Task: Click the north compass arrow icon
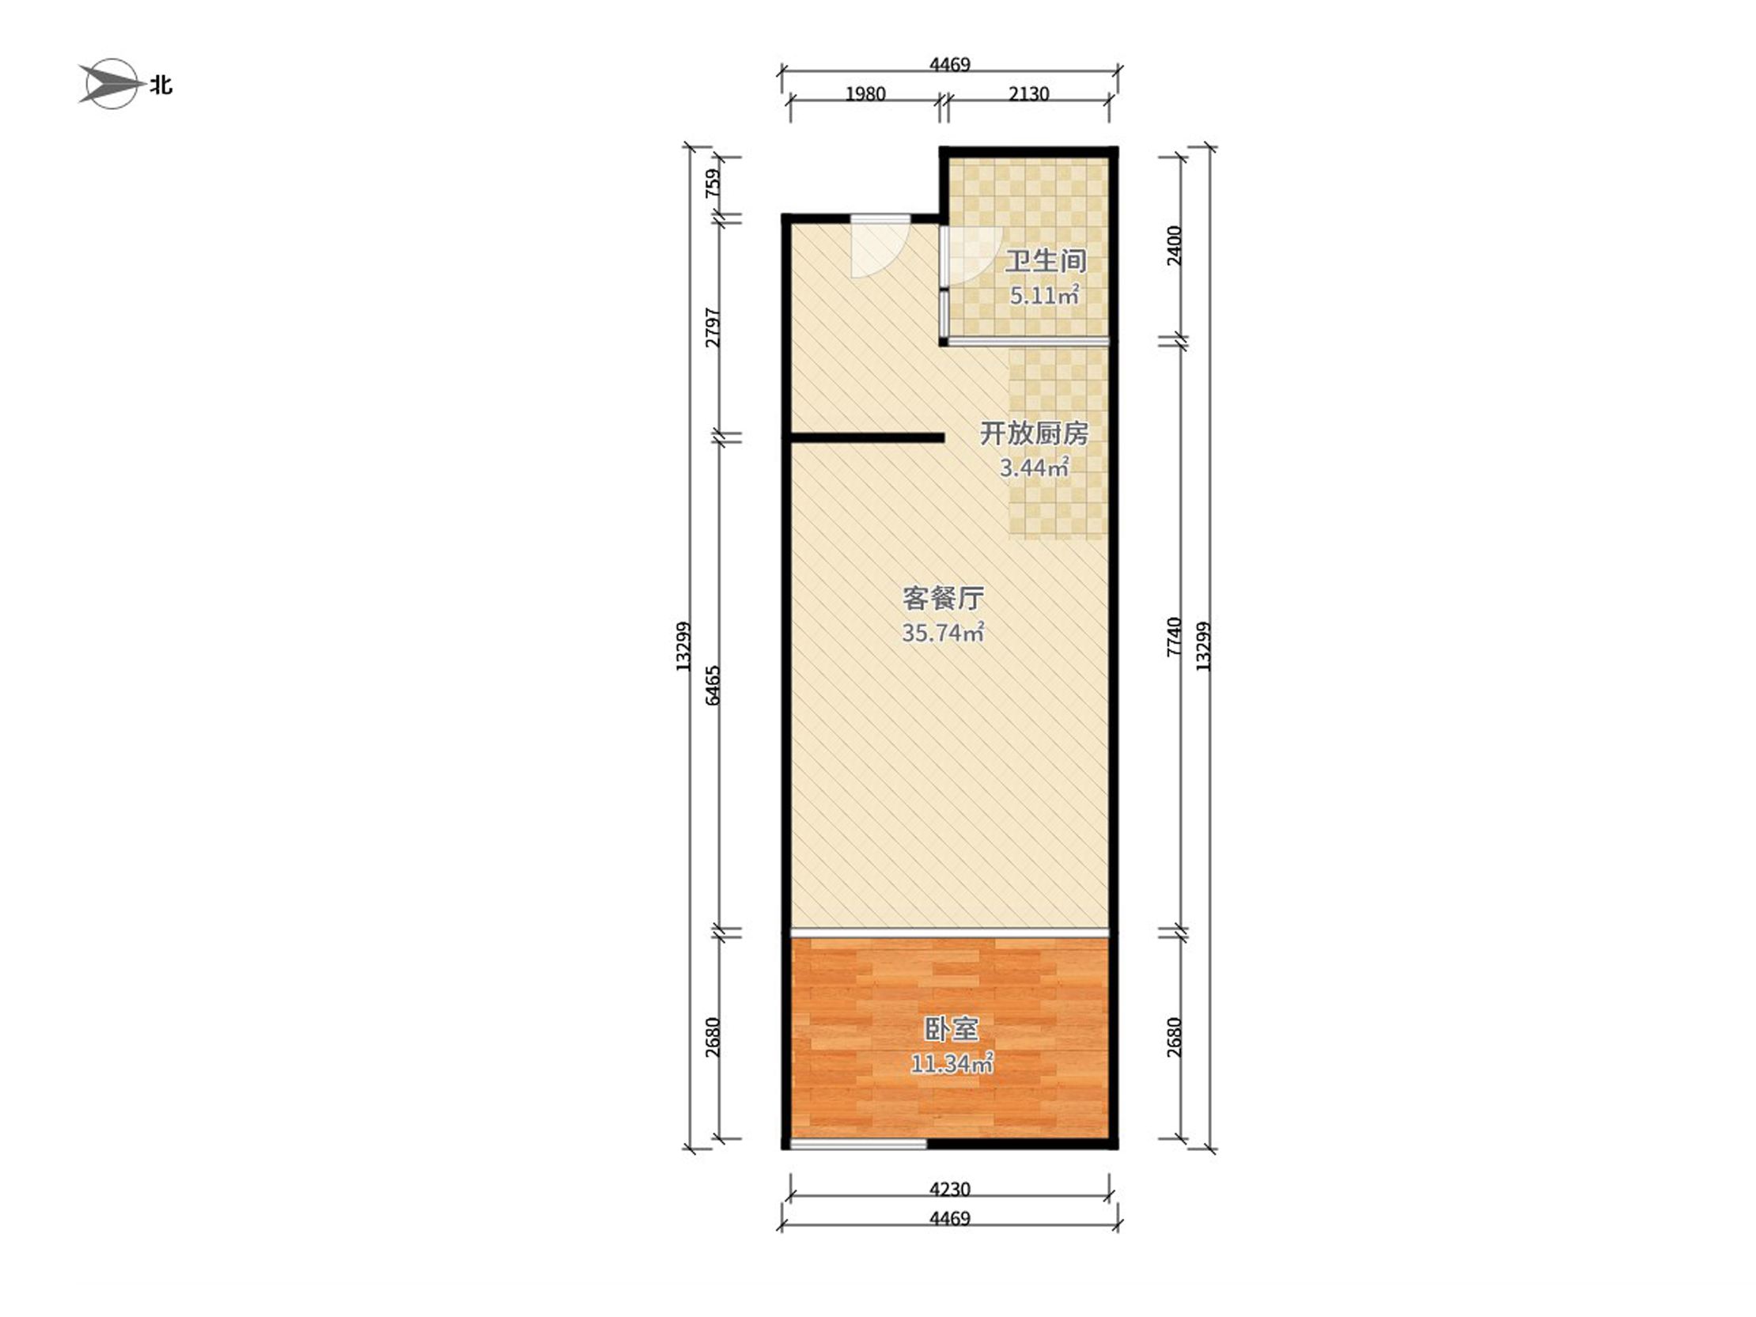pos(112,83)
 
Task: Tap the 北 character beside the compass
pos(161,85)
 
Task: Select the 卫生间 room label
pos(1045,261)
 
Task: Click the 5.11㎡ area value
pos(1045,296)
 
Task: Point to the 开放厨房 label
pos(1034,433)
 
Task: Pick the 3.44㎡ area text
pos(1034,468)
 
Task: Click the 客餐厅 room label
pos(944,598)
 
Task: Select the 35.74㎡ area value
pos(944,633)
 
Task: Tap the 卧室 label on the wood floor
pos(951,1030)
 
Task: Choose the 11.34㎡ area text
pos(951,1064)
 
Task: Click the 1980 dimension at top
pos(865,94)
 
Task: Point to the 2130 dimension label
pos(1029,94)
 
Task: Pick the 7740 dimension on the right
pos(1175,637)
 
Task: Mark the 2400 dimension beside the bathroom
pos(1175,246)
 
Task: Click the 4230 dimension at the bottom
pos(950,1189)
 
